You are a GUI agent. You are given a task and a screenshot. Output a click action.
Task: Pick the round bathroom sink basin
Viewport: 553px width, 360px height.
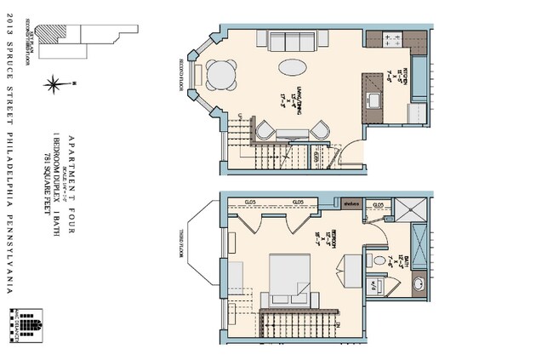click(x=419, y=283)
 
